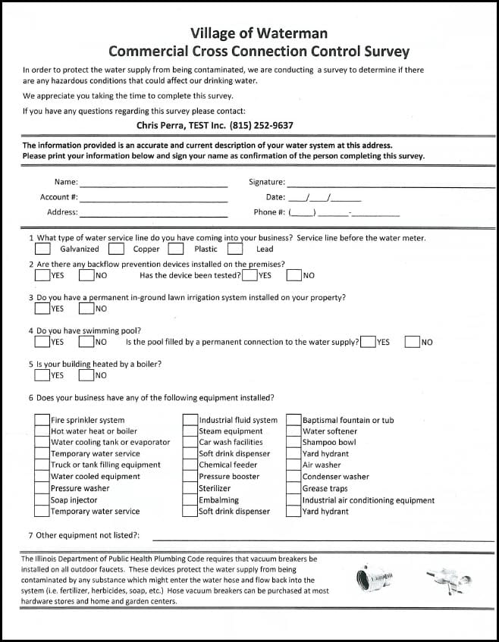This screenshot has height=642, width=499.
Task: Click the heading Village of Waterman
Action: click(x=259, y=33)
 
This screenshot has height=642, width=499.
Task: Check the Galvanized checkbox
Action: click(x=43, y=249)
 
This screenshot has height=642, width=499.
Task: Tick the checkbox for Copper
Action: click(x=116, y=249)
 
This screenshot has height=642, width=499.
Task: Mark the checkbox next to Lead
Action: click(x=235, y=249)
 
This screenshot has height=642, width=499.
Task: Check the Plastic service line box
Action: click(x=176, y=249)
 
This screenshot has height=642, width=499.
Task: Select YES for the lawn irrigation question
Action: click(x=42, y=308)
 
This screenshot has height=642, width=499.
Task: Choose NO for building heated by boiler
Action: click(x=86, y=374)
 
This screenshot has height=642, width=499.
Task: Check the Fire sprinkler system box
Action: click(x=42, y=420)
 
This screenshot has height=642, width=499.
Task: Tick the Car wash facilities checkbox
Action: click(x=190, y=443)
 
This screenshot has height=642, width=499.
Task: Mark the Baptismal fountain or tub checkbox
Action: click(x=293, y=420)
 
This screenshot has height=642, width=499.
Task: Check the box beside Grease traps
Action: click(x=293, y=489)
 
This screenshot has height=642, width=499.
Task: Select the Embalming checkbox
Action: click(x=190, y=500)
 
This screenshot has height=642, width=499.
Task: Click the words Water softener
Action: click(x=329, y=431)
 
